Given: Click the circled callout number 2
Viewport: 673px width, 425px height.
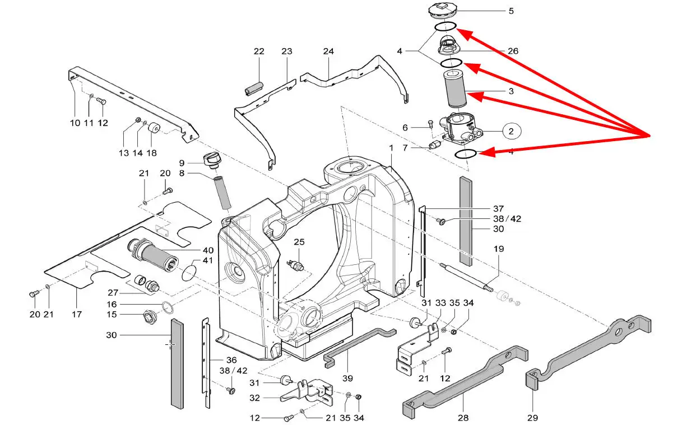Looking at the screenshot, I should click(511, 132).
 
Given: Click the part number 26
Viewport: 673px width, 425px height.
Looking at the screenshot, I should click(512, 51).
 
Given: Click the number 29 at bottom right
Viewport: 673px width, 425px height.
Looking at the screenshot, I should click(532, 417).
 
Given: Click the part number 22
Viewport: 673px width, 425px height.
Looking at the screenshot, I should click(259, 52).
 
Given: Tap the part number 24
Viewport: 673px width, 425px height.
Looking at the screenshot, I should click(328, 52).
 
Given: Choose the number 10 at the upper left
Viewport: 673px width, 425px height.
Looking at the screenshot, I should click(75, 123).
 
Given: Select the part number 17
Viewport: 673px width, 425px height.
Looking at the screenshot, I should click(77, 315).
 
